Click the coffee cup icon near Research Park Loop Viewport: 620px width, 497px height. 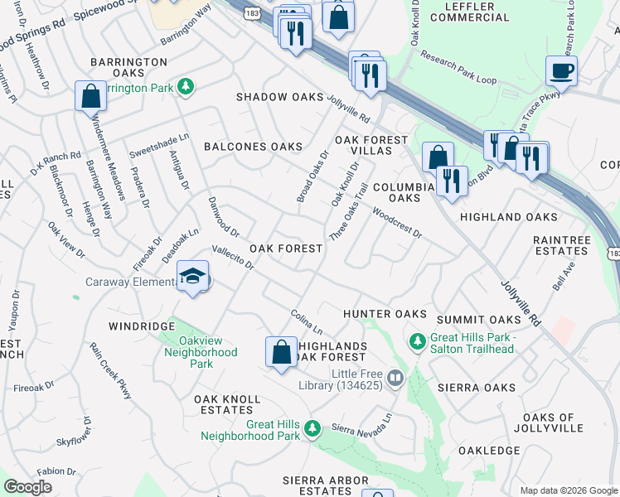pyautogui.click(x=562, y=71)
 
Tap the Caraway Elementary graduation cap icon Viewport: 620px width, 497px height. pyautogui.click(x=192, y=277)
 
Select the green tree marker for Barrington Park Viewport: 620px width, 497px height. pyautogui.click(x=187, y=86)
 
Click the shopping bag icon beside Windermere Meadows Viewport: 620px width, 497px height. pyautogui.click(x=91, y=96)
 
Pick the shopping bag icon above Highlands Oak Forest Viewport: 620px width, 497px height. pyautogui.click(x=282, y=351)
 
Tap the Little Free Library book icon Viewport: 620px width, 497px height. pyautogui.click(x=395, y=379)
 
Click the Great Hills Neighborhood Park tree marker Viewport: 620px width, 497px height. pyautogui.click(x=312, y=428)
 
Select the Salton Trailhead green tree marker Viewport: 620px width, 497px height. pyautogui.click(x=417, y=340)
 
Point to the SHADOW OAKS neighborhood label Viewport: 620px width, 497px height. pyautogui.click(x=279, y=98)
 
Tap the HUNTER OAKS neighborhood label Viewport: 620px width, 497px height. pyautogui.click(x=385, y=314)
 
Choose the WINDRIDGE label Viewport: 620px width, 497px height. pyautogui.click(x=140, y=326)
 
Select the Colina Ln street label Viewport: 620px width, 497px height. pyautogui.click(x=306, y=324)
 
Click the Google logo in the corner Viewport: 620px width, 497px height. pyautogui.click(x=27, y=488)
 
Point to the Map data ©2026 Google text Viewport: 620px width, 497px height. pyautogui.click(x=568, y=490)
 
